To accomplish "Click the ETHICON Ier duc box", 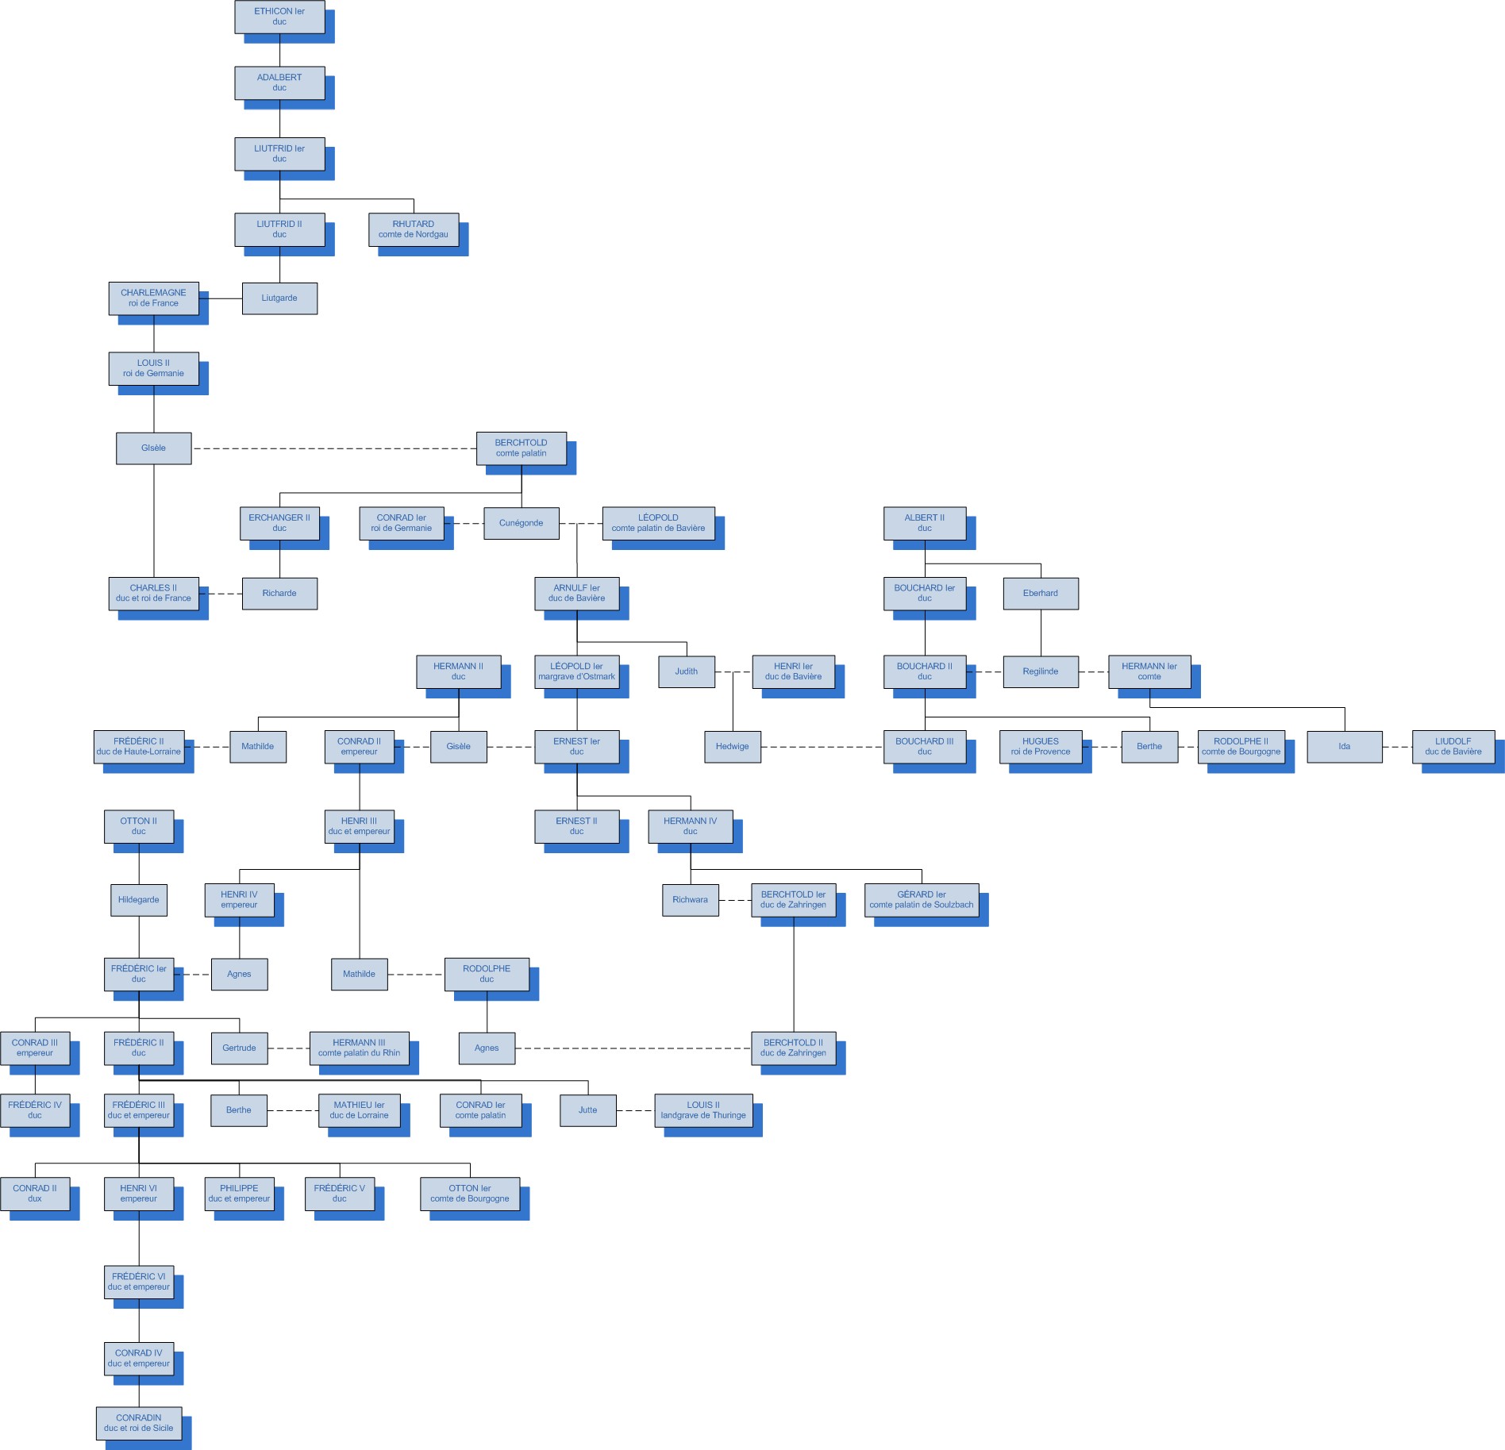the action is [279, 17].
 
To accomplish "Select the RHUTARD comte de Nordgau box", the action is [414, 229].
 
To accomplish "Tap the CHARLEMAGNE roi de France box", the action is [154, 298].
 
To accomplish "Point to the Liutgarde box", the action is [279, 298].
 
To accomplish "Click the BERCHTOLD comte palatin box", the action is [522, 448].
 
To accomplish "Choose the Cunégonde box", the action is [522, 523].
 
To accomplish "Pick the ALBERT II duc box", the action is [925, 523].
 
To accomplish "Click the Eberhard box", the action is [1041, 594].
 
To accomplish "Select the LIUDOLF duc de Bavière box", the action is [1453, 747].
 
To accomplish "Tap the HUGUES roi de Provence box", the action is [1041, 747].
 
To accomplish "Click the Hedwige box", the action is [733, 747].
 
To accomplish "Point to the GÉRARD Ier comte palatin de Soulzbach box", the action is [922, 900].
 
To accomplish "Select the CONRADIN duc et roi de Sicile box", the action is [139, 1424].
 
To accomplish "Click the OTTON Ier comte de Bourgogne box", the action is [470, 1194].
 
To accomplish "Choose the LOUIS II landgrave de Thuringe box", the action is [704, 1110].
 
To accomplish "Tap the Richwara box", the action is [691, 900].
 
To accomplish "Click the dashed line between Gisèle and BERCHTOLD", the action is [334, 448].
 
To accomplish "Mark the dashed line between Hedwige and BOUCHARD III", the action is [822, 747].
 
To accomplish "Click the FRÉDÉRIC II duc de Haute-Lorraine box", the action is [139, 747].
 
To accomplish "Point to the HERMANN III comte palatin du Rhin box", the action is [360, 1048].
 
